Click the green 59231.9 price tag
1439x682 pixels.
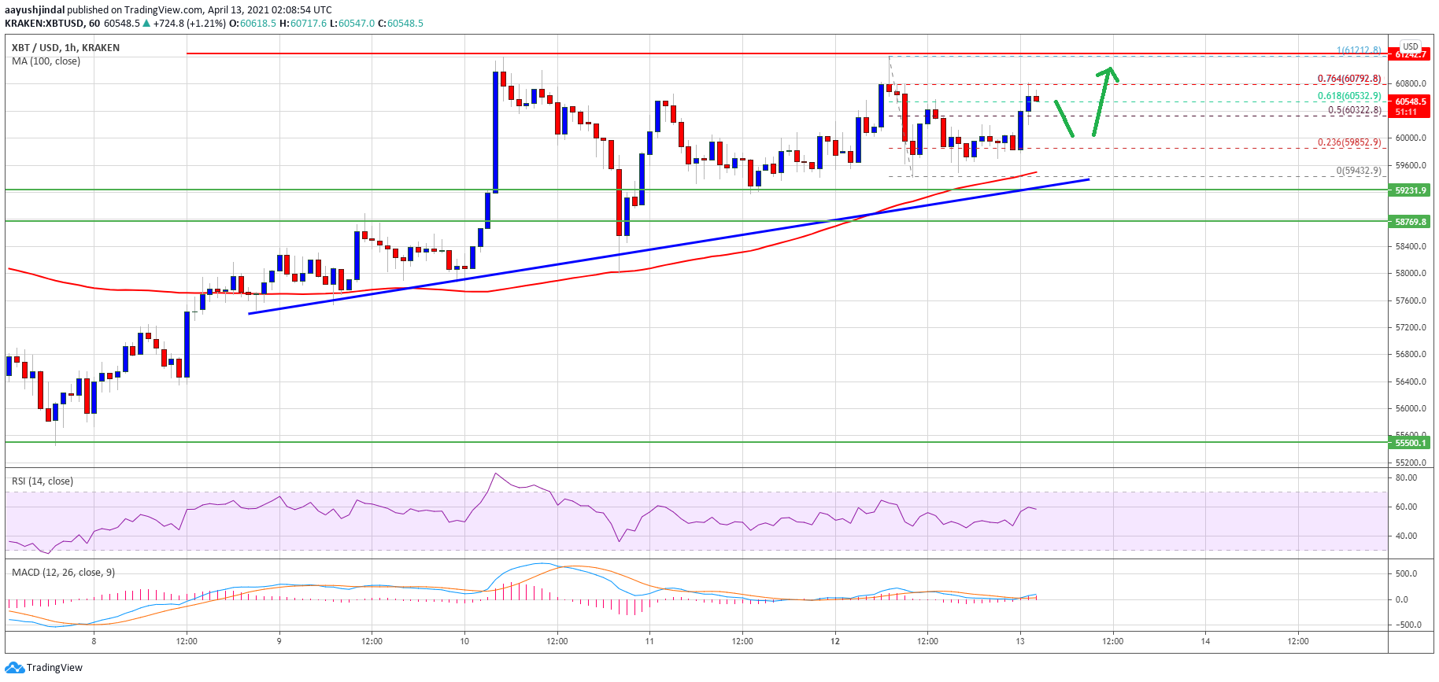pyautogui.click(x=1410, y=190)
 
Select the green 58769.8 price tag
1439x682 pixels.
pyautogui.click(x=1410, y=222)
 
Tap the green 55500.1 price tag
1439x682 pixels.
pyautogui.click(x=1410, y=443)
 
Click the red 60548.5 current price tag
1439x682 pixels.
pyautogui.click(x=1410, y=101)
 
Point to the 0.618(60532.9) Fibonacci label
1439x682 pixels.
pyautogui.click(x=1349, y=96)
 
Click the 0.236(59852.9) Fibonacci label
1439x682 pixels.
pyautogui.click(x=1349, y=142)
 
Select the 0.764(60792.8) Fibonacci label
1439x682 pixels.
pyautogui.click(x=1349, y=79)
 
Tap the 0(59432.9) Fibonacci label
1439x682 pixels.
pyautogui.click(x=1358, y=171)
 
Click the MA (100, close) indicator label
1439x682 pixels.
pyautogui.click(x=46, y=61)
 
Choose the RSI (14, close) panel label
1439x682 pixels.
pyautogui.click(x=43, y=481)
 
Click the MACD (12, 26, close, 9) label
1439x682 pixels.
pyautogui.click(x=63, y=572)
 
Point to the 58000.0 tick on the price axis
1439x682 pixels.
pyautogui.click(x=1411, y=274)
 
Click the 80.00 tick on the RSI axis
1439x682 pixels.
pyautogui.click(x=1406, y=478)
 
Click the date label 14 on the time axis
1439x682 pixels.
pyautogui.click(x=1205, y=641)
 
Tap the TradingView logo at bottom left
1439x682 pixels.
pyautogui.click(x=44, y=668)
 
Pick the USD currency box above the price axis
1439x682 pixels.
pyautogui.click(x=1410, y=46)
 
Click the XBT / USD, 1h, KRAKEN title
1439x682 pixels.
pyautogui.click(x=66, y=48)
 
